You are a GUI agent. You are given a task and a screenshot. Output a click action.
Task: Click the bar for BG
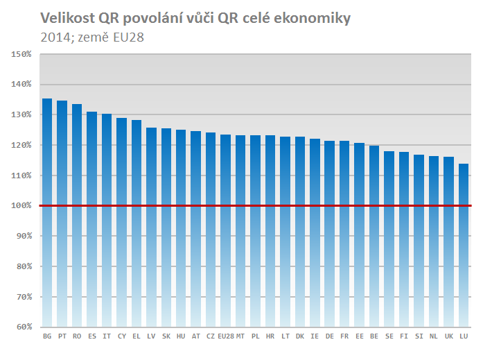pos(47,213)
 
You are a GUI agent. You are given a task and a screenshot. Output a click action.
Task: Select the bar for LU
pos(464,246)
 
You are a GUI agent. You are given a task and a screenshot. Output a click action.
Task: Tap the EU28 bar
pos(225,231)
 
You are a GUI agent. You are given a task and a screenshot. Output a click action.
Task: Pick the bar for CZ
pos(211,230)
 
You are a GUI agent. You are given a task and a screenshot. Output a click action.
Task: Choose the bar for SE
pos(389,239)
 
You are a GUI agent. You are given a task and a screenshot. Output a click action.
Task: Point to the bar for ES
pos(91,219)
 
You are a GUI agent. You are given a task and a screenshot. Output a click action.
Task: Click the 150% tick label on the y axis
pos(21,54)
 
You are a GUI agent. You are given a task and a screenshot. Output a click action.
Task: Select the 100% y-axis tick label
pos(21,205)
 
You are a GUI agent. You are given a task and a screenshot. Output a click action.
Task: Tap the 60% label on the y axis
pos(24,327)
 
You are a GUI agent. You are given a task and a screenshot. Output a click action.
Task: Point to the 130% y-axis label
pos(21,114)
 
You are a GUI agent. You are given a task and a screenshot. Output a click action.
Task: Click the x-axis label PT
pos(62,336)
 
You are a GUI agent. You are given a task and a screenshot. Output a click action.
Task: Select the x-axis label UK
pos(449,336)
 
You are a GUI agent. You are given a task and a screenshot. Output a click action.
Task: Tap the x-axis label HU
pos(181,336)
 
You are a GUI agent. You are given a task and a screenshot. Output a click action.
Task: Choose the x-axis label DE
pos(330,336)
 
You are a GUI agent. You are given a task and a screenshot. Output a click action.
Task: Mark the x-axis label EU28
pos(226,336)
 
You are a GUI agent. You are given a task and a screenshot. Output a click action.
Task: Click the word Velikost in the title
pos(67,18)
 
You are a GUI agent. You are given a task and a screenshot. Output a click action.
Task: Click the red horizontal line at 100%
pos(256,205)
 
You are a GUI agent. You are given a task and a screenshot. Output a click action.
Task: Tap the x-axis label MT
pos(240,336)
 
